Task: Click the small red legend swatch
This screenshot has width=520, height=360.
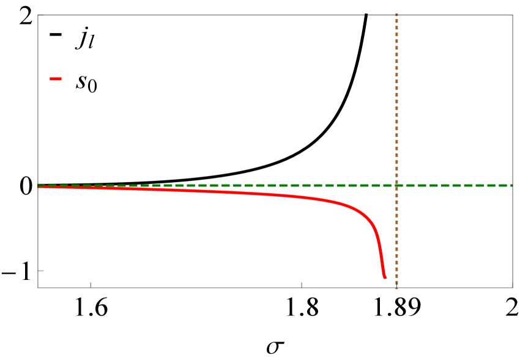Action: [56, 79]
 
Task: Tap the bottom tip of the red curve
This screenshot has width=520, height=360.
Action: [385, 277]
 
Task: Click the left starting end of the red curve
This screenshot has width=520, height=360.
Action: [40, 186]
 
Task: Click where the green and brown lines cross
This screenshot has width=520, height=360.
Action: [396, 185]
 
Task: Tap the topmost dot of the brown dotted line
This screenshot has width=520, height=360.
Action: [396, 15]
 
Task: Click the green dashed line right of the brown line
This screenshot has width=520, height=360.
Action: [453, 185]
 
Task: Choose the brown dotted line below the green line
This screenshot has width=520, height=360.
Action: [396, 238]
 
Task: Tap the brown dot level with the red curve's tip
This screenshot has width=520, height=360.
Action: [396, 277]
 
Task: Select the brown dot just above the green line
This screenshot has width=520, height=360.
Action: [396, 178]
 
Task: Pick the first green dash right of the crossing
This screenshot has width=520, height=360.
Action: [407, 185]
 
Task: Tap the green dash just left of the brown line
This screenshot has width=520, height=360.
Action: [385, 185]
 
